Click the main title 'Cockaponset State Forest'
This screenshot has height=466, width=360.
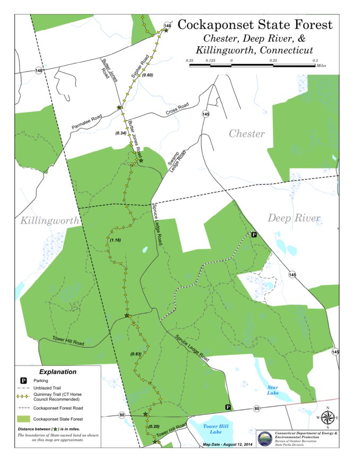255,25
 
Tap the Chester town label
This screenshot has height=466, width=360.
246,133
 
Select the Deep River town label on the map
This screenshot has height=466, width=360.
294,218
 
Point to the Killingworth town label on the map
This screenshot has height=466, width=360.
49,220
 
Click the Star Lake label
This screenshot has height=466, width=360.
273,391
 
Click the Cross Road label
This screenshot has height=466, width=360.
177,109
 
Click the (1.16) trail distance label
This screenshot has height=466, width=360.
115,241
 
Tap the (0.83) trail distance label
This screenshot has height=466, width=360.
136,354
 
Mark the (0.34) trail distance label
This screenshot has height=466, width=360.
121,133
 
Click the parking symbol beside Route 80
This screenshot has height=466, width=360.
228,407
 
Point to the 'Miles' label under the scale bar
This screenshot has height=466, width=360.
320,67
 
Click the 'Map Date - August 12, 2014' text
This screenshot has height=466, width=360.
229,444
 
